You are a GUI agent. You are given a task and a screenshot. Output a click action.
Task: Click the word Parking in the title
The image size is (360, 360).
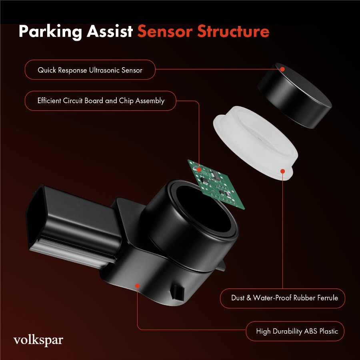coord(50,32)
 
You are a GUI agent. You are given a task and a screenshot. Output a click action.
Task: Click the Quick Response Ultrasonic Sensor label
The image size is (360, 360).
coord(90,70)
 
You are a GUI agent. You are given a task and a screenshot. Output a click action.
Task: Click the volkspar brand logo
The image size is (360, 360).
coord(38,340)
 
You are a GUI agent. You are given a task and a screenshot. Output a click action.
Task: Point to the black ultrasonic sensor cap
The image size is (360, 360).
coord(294,95)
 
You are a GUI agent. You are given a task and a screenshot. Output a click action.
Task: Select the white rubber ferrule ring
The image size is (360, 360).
coord(255,142)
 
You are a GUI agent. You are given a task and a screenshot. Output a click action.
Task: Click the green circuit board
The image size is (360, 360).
coord(216,184)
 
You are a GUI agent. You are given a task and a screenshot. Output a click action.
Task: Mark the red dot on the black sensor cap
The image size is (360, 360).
coord(282,69)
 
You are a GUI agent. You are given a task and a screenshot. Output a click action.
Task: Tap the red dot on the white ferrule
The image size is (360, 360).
coord(283,171)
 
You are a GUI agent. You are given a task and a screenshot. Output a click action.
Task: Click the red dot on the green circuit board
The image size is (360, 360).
coord(199,170)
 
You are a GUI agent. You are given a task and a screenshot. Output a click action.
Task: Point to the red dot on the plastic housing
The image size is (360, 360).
coord(137,286)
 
